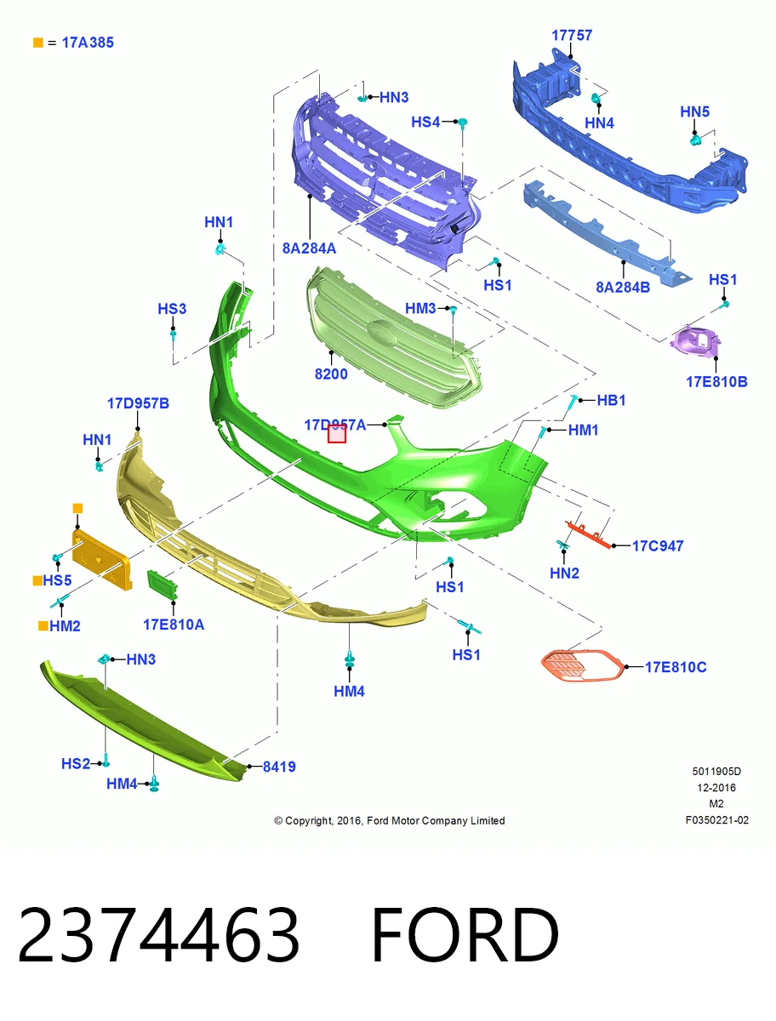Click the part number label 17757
coord(572,36)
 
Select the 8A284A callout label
coord(309,248)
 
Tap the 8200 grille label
coord(331,374)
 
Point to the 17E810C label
coord(675,667)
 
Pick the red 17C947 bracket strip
coord(589,535)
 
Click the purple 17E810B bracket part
coord(694,341)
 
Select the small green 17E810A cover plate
coord(163,585)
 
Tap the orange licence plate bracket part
coord(102,560)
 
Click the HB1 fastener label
coord(611,400)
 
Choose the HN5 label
coord(694,112)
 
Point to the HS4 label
coord(425,122)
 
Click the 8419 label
coord(279,767)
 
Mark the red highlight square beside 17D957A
coord(337,434)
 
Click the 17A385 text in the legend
coord(88,43)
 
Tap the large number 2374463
coord(158,934)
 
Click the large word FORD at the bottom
coord(465,934)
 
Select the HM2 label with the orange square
coord(60,626)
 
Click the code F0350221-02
coord(717,820)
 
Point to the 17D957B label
coord(138,403)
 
